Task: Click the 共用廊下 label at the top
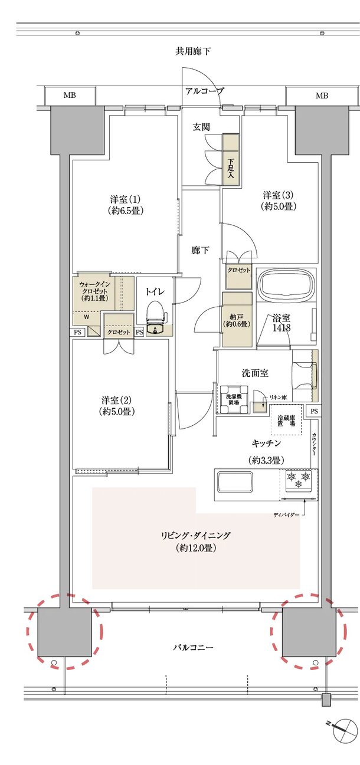tap(193, 51)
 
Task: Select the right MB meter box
tap(322, 96)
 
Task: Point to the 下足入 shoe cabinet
tap(230, 160)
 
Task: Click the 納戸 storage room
tap(237, 319)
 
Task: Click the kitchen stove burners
tap(297, 480)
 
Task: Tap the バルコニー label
tap(193, 647)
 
